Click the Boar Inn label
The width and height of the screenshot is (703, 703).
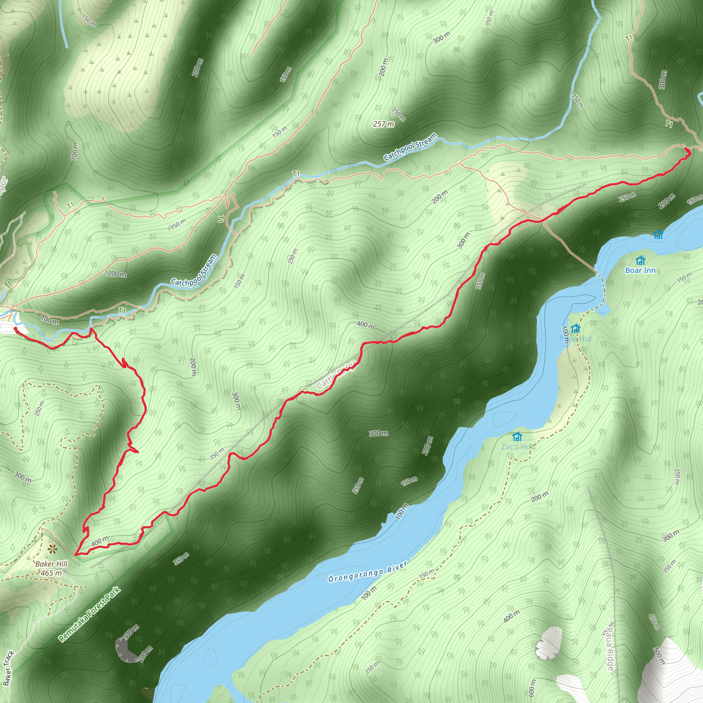640,270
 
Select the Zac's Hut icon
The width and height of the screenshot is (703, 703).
517,436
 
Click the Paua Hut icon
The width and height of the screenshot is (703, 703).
575,329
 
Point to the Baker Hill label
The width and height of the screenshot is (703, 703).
51,564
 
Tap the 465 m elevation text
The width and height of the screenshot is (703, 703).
51,573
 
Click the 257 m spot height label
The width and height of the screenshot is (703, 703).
383,124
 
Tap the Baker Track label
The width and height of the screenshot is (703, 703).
8,668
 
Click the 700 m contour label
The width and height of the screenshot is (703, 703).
50,321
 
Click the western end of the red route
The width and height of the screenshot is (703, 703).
16,329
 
